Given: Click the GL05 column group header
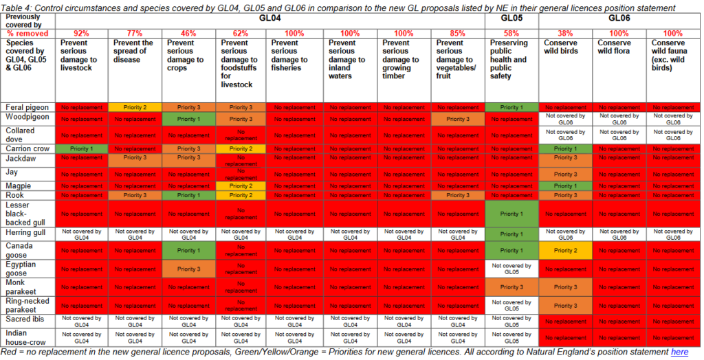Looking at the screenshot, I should tap(511, 19).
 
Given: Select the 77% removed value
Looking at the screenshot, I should tap(135, 33).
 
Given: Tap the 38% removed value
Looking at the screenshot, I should tap(565, 33).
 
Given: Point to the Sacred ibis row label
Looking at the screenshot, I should tap(24, 319).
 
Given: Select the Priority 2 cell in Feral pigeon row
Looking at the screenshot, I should tap(135, 108).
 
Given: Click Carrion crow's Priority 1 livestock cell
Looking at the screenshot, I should tap(81, 148).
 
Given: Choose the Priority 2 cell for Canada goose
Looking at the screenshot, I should tap(565, 251).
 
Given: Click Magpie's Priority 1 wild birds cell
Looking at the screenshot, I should tap(565, 185).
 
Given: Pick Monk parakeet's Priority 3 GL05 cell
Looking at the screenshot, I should tap(509, 287).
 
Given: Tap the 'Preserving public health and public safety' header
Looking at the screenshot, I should tap(509, 59).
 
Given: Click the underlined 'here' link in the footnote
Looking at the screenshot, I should tap(679, 352).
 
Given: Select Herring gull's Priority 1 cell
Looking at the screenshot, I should tap(509, 234).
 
